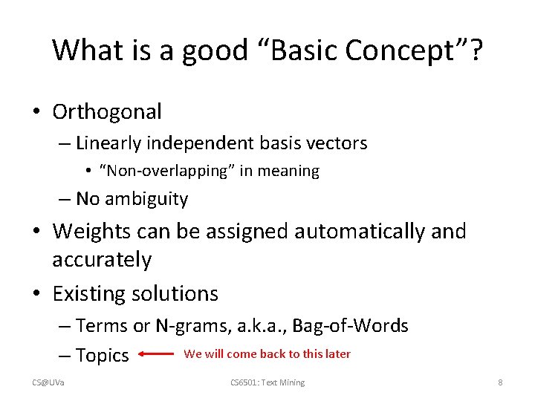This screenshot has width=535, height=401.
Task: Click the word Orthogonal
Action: [x=107, y=112]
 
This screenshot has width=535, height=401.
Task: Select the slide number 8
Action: [x=500, y=382]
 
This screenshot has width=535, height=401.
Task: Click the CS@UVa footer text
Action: [x=48, y=382]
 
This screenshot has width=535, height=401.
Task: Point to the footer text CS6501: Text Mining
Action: [x=267, y=382]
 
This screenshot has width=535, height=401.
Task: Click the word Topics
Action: [x=103, y=356]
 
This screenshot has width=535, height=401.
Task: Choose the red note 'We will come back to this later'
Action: [x=267, y=354]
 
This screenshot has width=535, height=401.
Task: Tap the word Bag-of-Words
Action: [x=350, y=326]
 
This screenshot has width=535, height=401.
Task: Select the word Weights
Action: [x=96, y=232]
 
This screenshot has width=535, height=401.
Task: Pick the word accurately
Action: [x=102, y=261]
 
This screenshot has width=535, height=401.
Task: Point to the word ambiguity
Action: [x=146, y=199]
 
